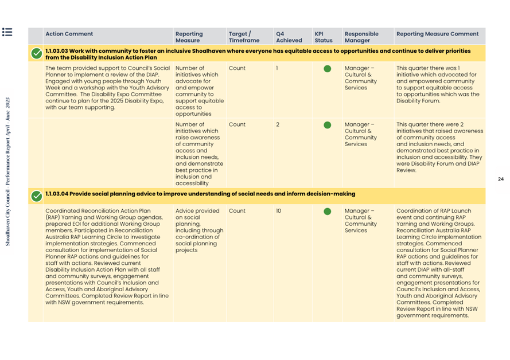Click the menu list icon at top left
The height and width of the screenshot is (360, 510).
[7, 32]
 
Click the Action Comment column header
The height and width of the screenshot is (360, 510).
[69, 34]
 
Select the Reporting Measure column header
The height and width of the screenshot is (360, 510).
[189, 37]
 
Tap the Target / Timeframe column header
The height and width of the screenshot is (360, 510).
[243, 37]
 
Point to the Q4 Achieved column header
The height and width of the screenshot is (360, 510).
[289, 37]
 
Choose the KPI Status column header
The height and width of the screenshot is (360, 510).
[324, 37]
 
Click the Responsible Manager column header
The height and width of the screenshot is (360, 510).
[361, 37]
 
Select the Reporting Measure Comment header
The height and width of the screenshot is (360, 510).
[437, 34]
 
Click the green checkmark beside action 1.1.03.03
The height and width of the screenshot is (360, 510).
[37, 54]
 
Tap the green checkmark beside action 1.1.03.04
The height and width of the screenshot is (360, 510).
[37, 195]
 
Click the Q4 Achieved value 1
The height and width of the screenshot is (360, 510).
[277, 68]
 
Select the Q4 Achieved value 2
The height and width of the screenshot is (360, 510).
[278, 124]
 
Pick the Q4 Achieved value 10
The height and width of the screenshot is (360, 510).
[279, 211]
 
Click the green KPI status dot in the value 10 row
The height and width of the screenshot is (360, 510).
[327, 212]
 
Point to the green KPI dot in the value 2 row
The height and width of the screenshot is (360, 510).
[327, 124]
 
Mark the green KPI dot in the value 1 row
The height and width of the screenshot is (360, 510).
[327, 69]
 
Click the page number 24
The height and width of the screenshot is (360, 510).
[500, 179]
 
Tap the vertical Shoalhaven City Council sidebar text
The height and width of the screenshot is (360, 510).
[8, 172]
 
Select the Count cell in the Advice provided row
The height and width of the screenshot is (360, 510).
[237, 211]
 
